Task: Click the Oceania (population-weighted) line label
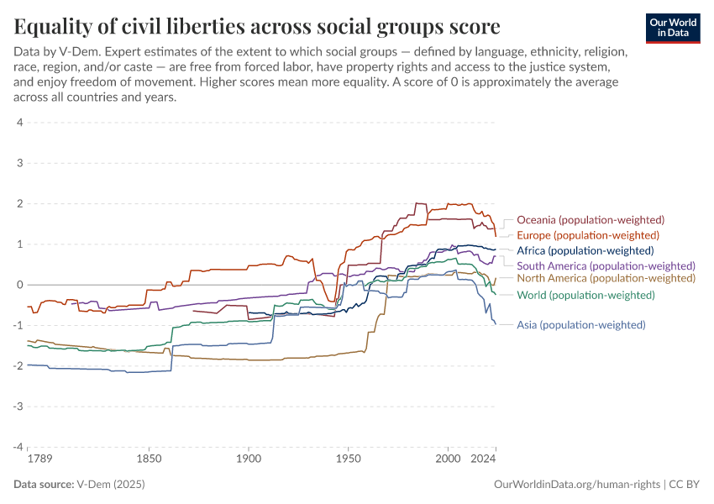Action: [x=591, y=220]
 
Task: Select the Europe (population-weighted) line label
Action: [x=588, y=235]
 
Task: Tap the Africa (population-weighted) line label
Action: [x=585, y=250]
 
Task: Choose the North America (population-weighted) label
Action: [x=606, y=278]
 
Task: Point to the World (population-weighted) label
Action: [x=585, y=295]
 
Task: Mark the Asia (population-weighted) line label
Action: [x=581, y=325]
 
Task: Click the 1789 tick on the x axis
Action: [x=28, y=460]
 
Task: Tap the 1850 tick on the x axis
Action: [x=149, y=460]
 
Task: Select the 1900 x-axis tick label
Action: [x=248, y=460]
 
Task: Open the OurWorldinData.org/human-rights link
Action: [x=576, y=485]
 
